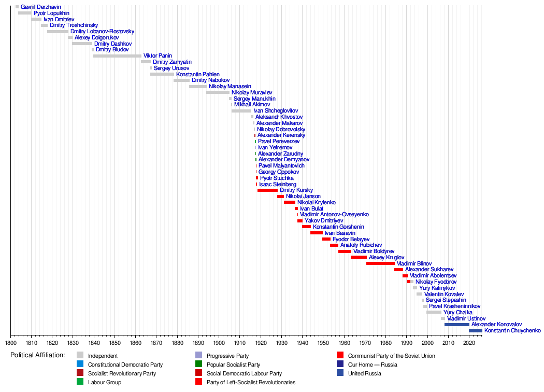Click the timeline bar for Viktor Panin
pyautogui.click(x=117, y=56)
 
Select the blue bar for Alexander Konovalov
pyautogui.click(x=456, y=325)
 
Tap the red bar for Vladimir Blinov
pyautogui.click(x=380, y=263)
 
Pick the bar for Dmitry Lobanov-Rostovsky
pyautogui.click(x=58, y=32)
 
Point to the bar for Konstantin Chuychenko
pyautogui.click(x=475, y=331)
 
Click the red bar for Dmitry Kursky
pyautogui.click(x=267, y=190)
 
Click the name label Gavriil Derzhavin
pyautogui.click(x=40, y=7)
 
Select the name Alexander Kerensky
pyautogui.click(x=281, y=135)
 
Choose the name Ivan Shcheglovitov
pyautogui.click(x=276, y=111)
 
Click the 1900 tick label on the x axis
pyautogui.click(x=219, y=343)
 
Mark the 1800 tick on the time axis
pyautogui.click(x=10, y=343)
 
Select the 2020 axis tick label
pyautogui.click(x=469, y=343)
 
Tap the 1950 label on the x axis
pyautogui.click(x=323, y=343)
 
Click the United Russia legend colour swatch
pyautogui.click(x=340, y=373)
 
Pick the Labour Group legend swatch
pyautogui.click(x=80, y=382)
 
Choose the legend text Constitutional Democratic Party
pyautogui.click(x=125, y=365)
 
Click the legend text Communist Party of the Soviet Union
pyautogui.click(x=391, y=356)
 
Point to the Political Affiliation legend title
pyautogui.click(x=37, y=355)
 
